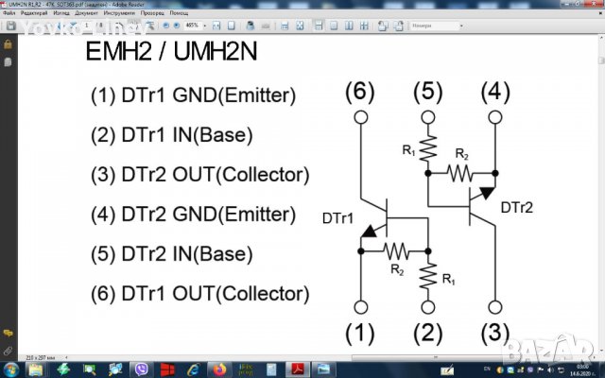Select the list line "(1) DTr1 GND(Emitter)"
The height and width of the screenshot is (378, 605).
click(193, 95)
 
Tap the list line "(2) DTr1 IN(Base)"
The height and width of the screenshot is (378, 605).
click(171, 135)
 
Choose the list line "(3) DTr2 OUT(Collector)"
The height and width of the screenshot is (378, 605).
click(199, 175)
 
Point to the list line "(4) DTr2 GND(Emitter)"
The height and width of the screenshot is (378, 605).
click(193, 215)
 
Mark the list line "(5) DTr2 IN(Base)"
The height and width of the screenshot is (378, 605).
click(171, 254)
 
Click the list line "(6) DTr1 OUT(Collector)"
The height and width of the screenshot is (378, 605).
click(199, 294)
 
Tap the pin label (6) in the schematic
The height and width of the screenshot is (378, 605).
click(359, 92)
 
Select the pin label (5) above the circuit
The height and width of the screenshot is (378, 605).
click(427, 92)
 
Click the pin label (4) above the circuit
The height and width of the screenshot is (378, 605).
click(495, 92)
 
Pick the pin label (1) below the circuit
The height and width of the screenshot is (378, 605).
click(359, 333)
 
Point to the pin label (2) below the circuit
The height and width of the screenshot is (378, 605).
click(427, 333)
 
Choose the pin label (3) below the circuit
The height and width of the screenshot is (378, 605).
click(495, 333)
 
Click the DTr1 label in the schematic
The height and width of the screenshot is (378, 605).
click(337, 219)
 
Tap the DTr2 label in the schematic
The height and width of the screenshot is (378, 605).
click(517, 208)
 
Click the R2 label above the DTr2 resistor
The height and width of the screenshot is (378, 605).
click(460, 154)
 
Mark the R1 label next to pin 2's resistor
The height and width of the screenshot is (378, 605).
click(448, 280)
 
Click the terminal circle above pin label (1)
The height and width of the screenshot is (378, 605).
click(359, 307)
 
